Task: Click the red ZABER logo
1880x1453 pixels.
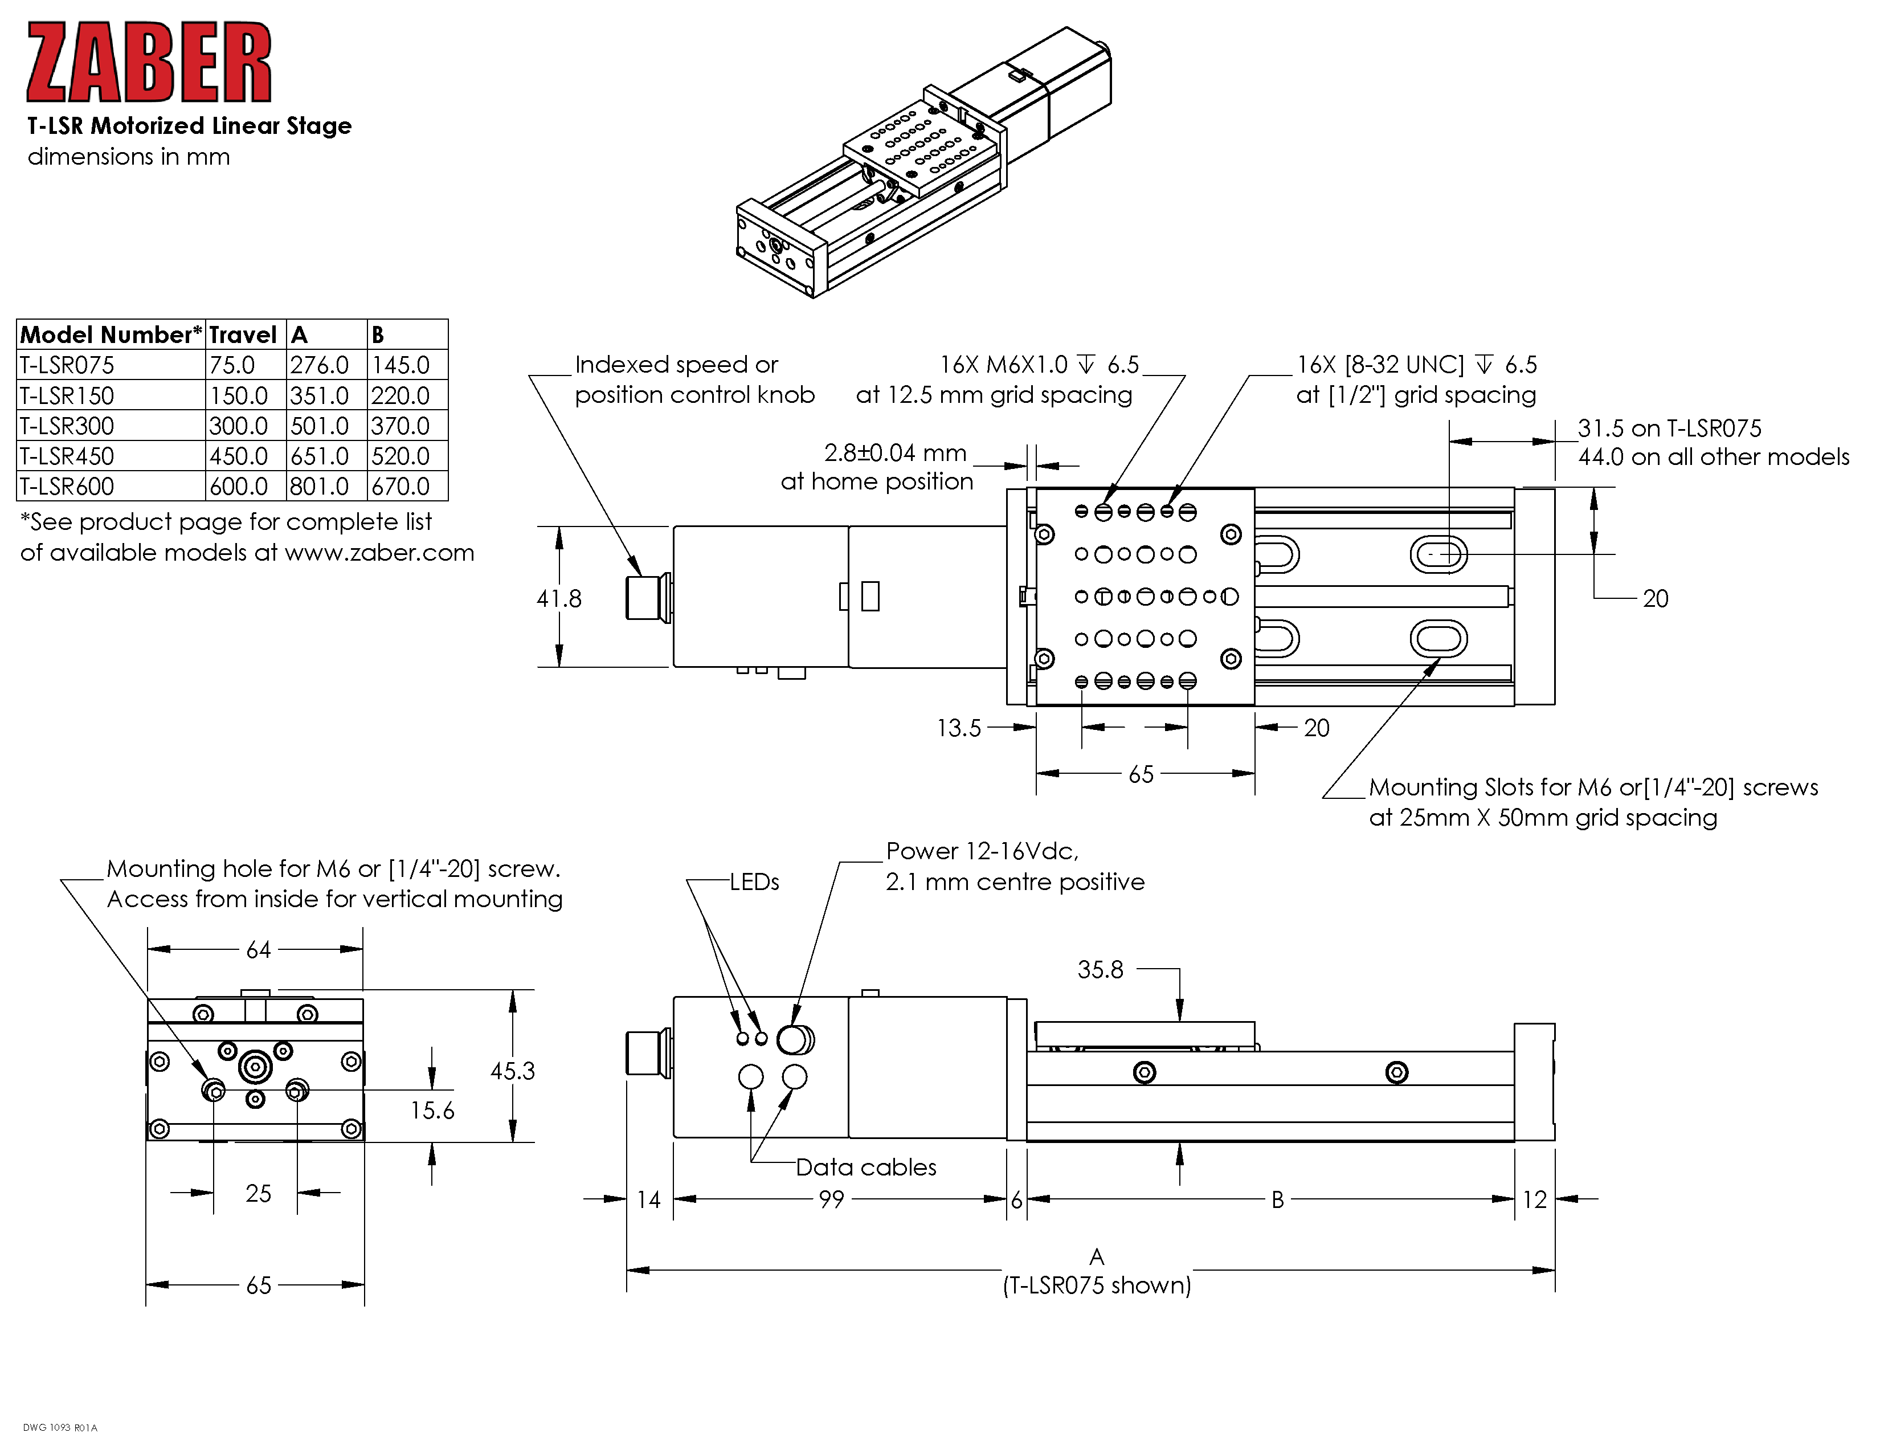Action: (x=149, y=63)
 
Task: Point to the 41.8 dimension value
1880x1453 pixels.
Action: (x=559, y=598)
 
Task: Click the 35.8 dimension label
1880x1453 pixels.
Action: (x=1100, y=970)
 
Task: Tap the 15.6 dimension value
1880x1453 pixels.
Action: (x=432, y=1111)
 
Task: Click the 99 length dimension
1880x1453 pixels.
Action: (x=832, y=1199)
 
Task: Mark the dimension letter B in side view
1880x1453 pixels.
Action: (x=1277, y=1199)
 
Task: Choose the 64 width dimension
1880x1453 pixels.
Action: (x=258, y=949)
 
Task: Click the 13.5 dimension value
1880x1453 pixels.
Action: (x=958, y=728)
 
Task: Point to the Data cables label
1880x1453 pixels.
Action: (x=865, y=1167)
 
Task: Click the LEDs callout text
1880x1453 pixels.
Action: (x=754, y=882)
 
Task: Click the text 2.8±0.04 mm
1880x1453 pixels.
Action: (x=895, y=453)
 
